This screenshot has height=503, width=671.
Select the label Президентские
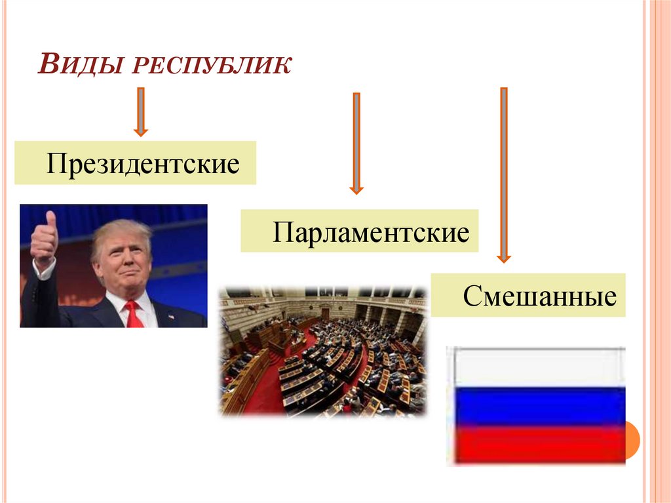[x=142, y=163]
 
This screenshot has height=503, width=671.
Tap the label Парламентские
[x=371, y=231]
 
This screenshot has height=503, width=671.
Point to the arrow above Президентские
[x=140, y=111]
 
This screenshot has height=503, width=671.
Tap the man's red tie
[x=134, y=315]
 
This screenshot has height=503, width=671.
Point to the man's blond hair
[x=121, y=231]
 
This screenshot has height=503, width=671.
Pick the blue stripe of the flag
[x=536, y=405]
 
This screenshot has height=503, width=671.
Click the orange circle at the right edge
[x=632, y=439]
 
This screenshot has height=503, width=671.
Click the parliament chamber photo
[x=323, y=352]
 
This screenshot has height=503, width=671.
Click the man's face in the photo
[x=123, y=262]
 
